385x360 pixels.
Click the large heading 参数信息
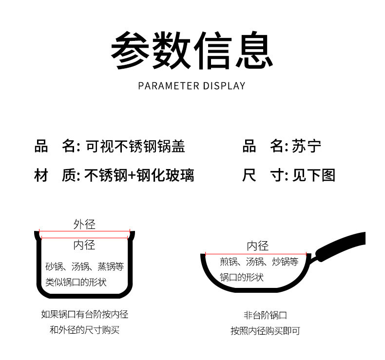click(192, 50)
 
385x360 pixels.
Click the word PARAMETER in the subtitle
click(169, 86)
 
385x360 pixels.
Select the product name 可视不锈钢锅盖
click(135, 146)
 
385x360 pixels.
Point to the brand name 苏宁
click(307, 146)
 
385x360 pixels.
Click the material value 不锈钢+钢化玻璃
click(139, 175)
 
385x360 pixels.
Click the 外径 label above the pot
click(84, 225)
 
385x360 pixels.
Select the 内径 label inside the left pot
click(84, 245)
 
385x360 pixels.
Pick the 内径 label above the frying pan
click(258, 246)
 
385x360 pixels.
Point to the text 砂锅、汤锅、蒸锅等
click(84, 266)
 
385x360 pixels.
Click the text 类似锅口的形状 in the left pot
click(76, 282)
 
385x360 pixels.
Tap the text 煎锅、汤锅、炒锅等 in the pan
click(259, 262)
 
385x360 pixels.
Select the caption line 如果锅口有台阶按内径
click(84, 314)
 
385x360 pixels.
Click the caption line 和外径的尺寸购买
click(84, 330)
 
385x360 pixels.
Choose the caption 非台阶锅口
click(265, 315)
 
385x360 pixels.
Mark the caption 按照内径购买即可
click(265, 331)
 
